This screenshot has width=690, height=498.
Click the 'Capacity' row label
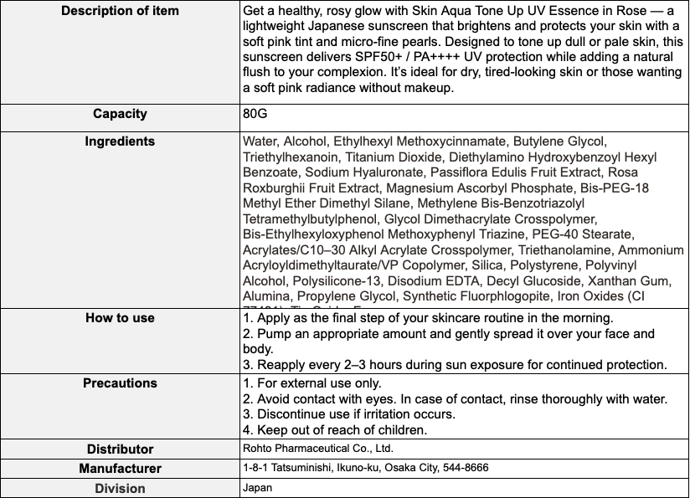[x=120, y=114]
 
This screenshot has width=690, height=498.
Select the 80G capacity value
[x=255, y=114]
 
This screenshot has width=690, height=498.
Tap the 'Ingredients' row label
[x=120, y=141]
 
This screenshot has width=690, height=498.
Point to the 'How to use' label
[x=120, y=318]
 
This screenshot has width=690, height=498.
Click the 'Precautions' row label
[x=120, y=383]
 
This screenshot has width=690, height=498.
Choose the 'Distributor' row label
[x=120, y=449]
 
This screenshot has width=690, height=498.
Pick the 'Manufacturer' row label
[x=120, y=469]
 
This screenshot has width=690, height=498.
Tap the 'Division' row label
[x=120, y=488]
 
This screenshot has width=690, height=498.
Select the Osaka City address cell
[x=365, y=468]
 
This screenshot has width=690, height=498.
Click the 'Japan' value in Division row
[x=257, y=487]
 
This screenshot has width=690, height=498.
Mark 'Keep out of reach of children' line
[x=335, y=430]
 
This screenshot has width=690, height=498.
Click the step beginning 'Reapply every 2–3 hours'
[x=454, y=364]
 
